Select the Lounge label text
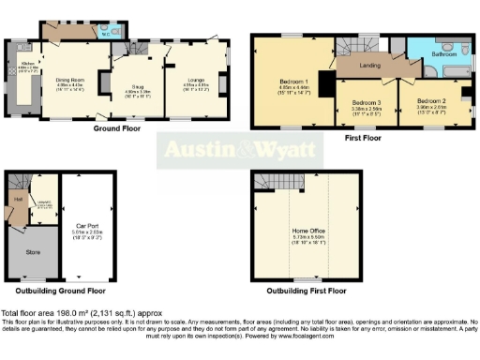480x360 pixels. (194, 81)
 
